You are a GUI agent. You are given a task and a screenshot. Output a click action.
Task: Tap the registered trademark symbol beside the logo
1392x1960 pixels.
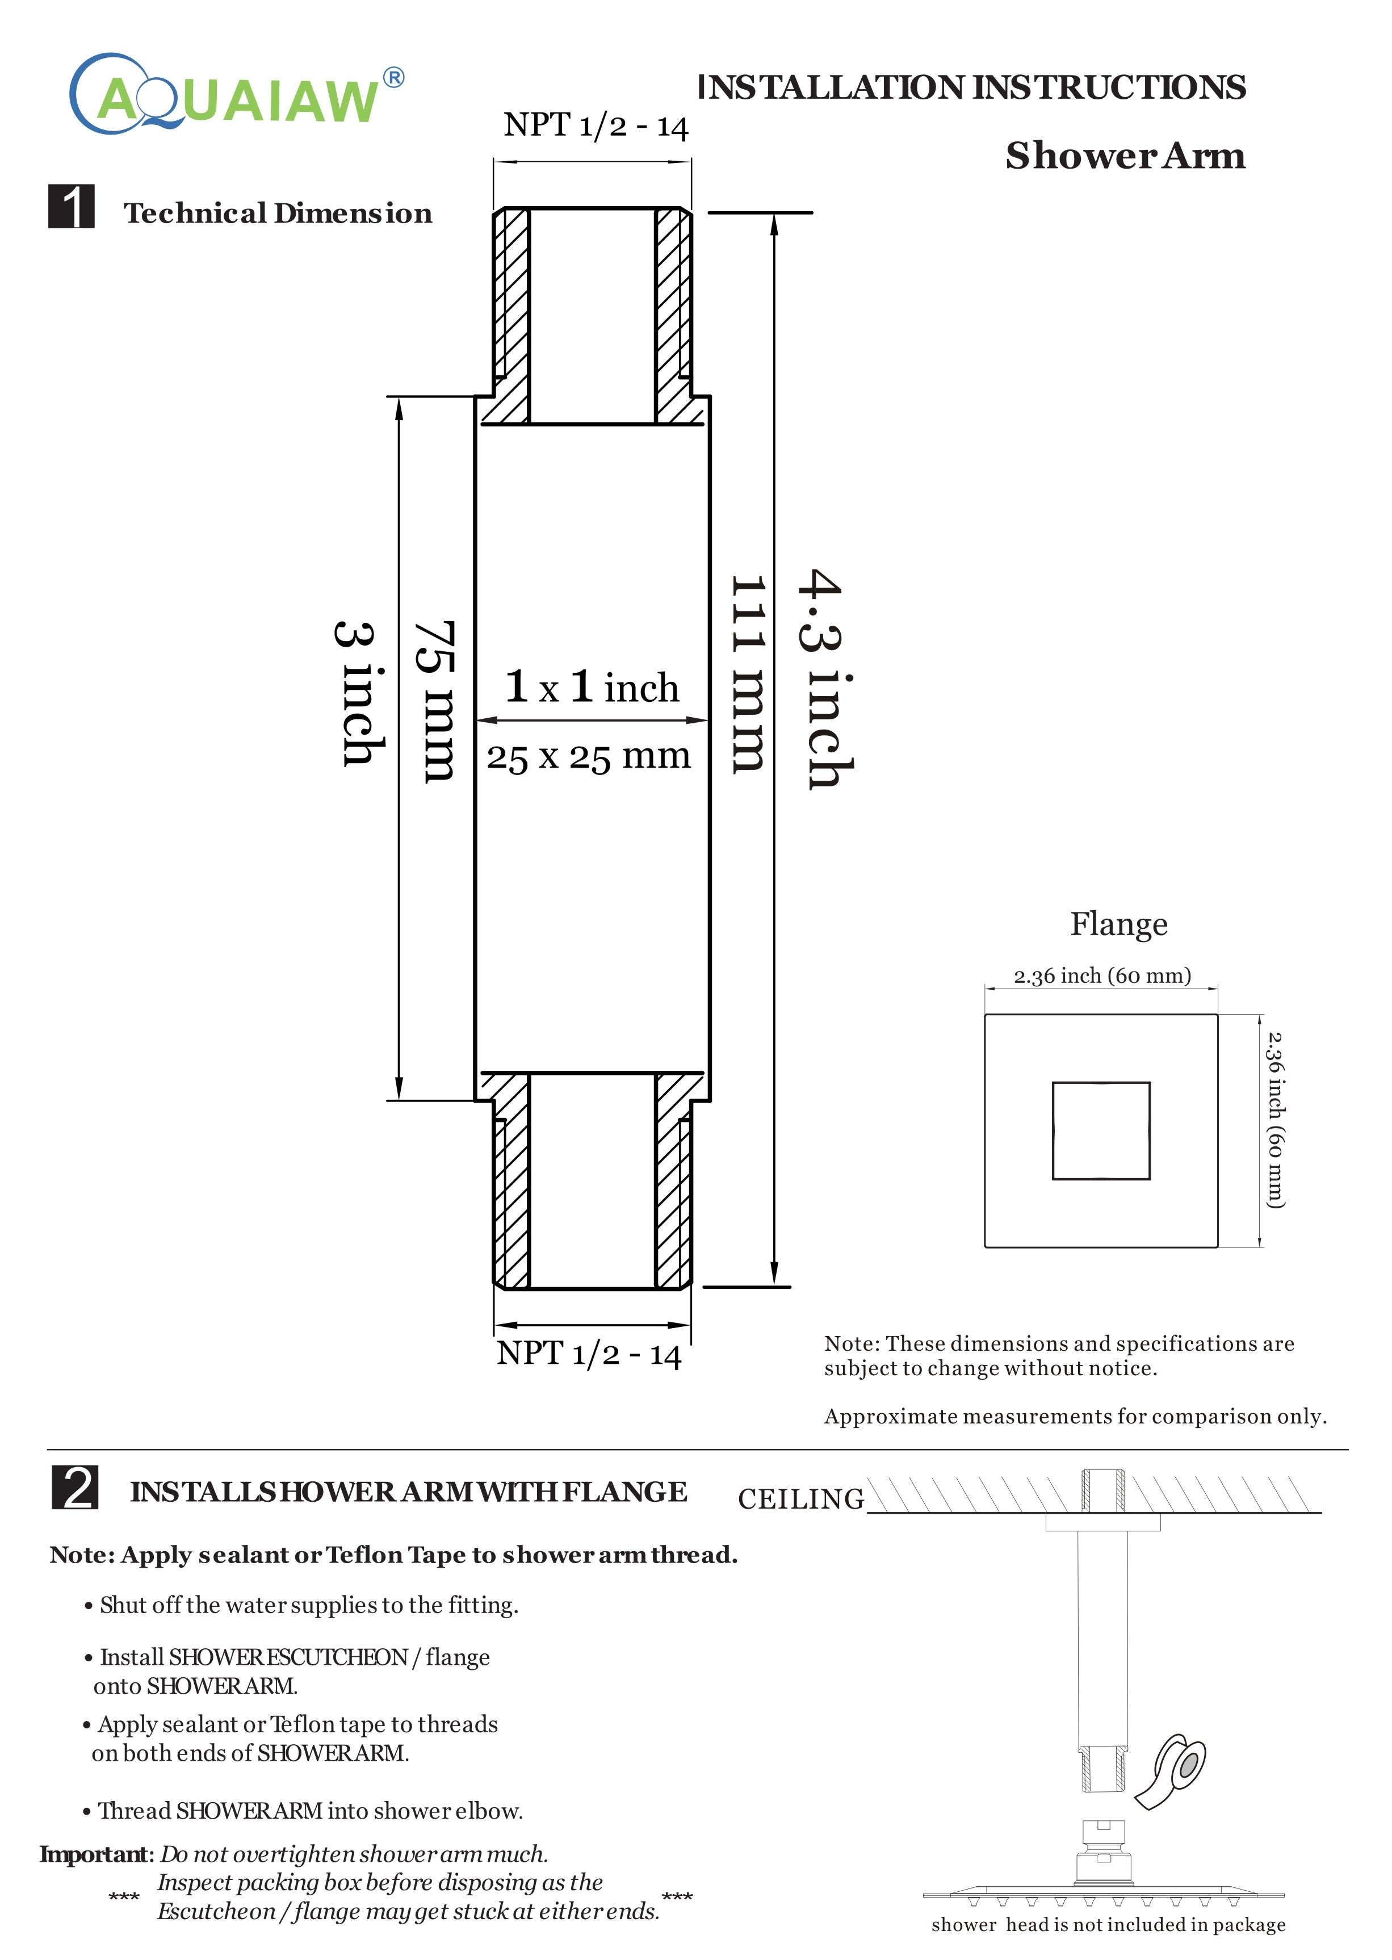(x=393, y=78)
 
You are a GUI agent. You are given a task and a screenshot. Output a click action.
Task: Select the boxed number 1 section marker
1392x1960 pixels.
(x=71, y=207)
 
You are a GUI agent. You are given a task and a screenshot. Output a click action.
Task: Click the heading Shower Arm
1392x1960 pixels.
(x=1125, y=156)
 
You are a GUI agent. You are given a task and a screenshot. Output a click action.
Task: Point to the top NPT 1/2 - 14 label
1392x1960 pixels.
(x=596, y=126)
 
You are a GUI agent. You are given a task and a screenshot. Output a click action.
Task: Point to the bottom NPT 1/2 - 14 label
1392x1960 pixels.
(x=589, y=1353)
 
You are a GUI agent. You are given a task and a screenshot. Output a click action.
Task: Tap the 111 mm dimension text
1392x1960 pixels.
(x=748, y=675)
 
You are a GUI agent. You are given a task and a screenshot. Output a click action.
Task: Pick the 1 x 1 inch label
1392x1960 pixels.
(x=592, y=688)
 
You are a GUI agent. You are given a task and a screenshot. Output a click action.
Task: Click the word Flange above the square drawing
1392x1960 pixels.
(x=1118, y=924)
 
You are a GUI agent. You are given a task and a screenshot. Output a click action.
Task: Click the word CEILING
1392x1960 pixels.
(x=800, y=1499)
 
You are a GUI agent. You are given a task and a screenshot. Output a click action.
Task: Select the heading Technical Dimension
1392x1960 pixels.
(x=278, y=213)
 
